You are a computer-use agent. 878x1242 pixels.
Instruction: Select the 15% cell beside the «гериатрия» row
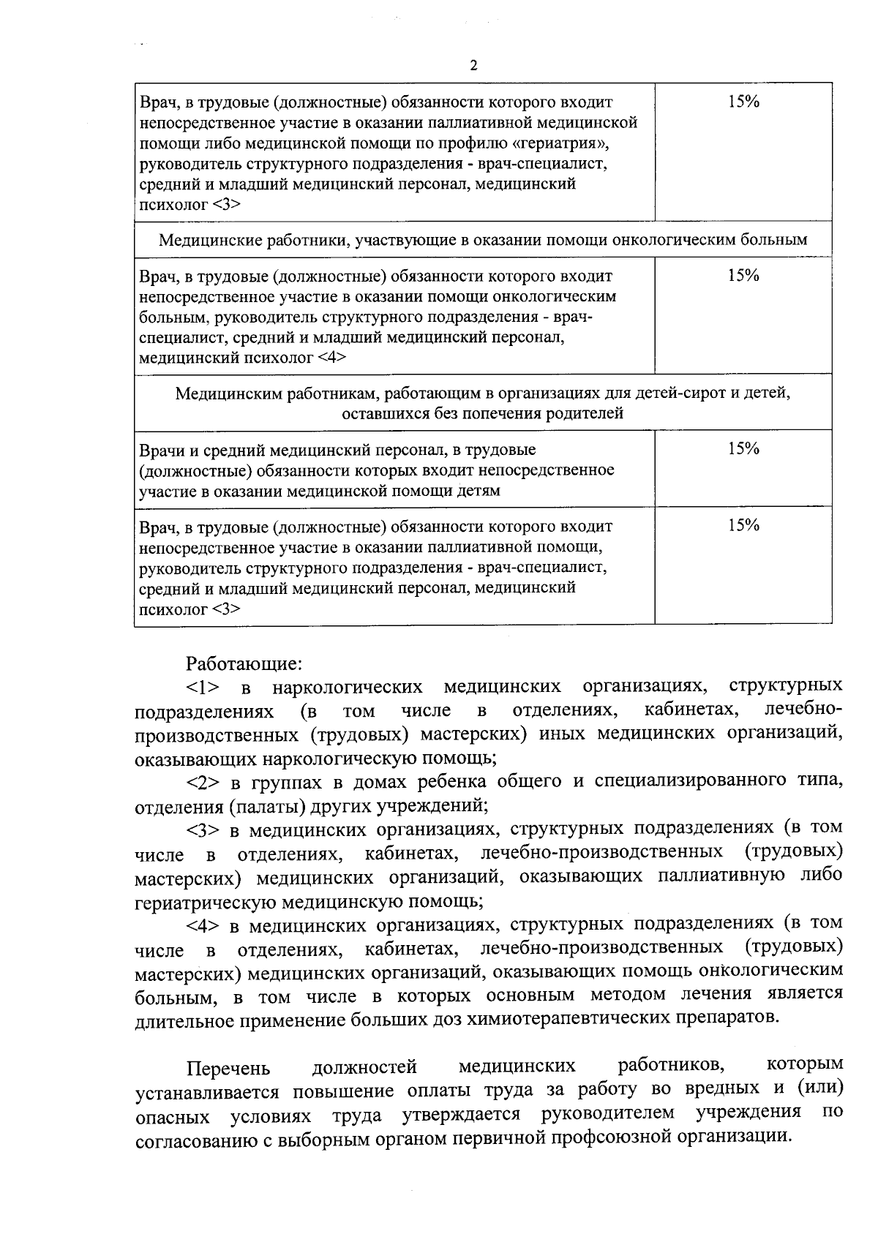[743, 102]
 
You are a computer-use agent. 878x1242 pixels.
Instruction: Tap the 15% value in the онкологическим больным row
[743, 276]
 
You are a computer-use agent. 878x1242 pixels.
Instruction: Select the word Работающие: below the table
[244, 663]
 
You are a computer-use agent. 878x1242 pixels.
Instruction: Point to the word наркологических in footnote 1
[348, 688]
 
